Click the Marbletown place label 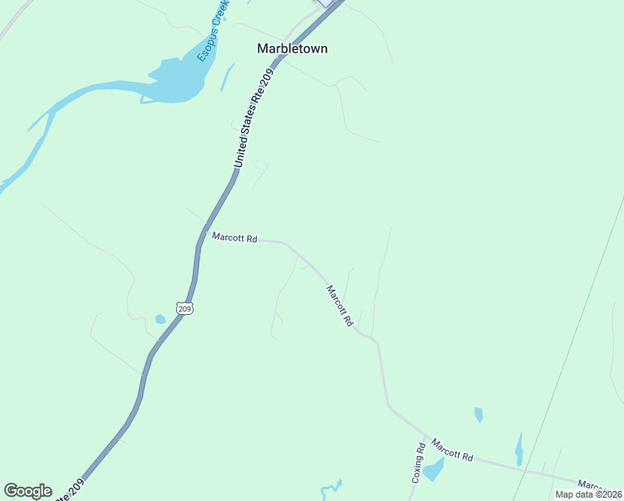point(291,48)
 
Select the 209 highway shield point(184,308)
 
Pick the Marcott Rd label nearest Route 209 point(234,237)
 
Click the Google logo point(28,491)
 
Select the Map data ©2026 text point(588,494)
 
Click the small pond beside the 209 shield point(159,319)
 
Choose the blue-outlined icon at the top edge point(326,3)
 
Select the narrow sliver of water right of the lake point(227,78)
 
